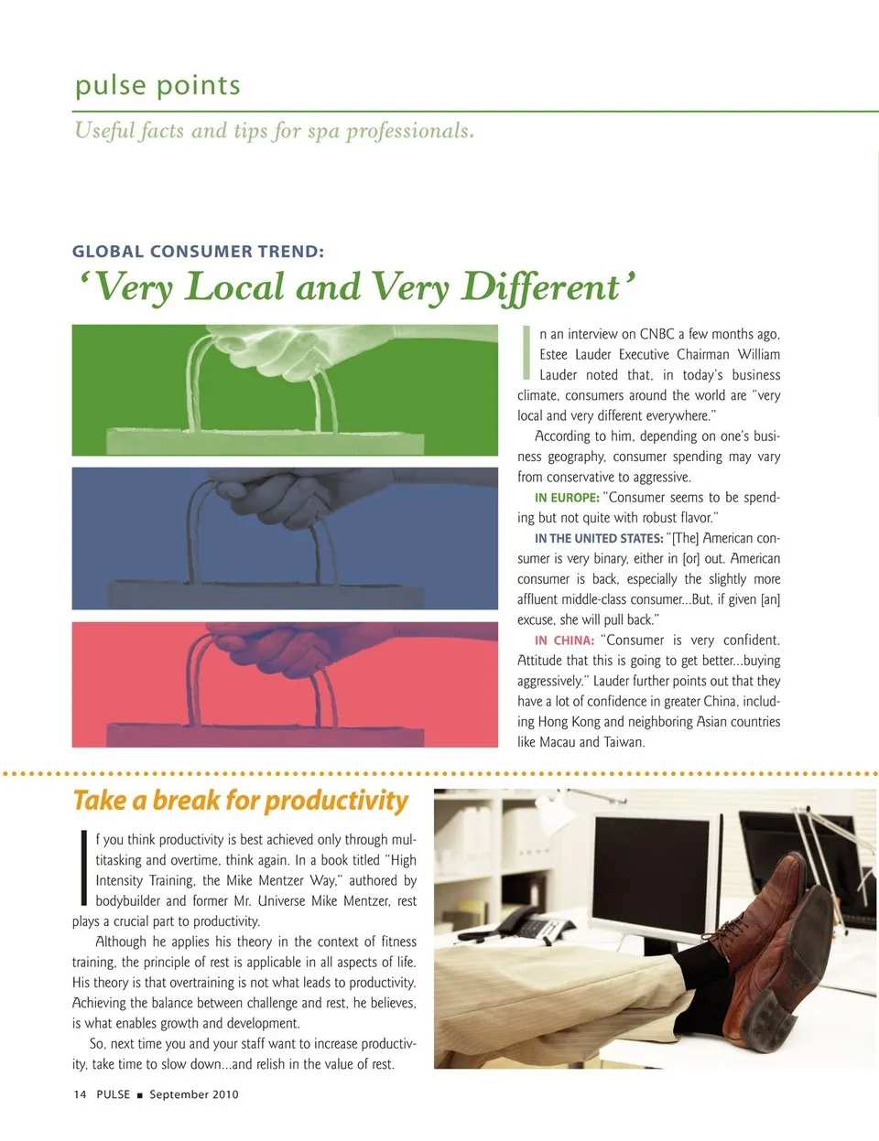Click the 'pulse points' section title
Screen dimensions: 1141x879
click(157, 85)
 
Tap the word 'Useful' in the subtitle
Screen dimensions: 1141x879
click(104, 131)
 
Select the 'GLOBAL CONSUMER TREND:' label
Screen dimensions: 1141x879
click(198, 252)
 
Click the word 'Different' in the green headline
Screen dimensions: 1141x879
click(541, 287)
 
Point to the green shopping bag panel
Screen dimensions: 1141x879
click(285, 390)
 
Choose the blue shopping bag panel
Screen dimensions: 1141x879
click(285, 538)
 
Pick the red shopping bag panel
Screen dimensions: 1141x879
click(285, 684)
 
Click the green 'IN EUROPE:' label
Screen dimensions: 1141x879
click(567, 498)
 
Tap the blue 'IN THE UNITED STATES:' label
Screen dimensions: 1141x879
click(599, 539)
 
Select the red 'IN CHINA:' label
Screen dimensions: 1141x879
click(564, 640)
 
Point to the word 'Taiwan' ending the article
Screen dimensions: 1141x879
click(624, 742)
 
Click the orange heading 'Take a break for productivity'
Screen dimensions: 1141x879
click(241, 802)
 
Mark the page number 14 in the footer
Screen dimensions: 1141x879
click(80, 1094)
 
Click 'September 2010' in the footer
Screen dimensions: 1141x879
click(194, 1094)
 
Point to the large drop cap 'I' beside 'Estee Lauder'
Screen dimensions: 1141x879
click(526, 352)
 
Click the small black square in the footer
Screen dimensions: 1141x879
click(140, 1095)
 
